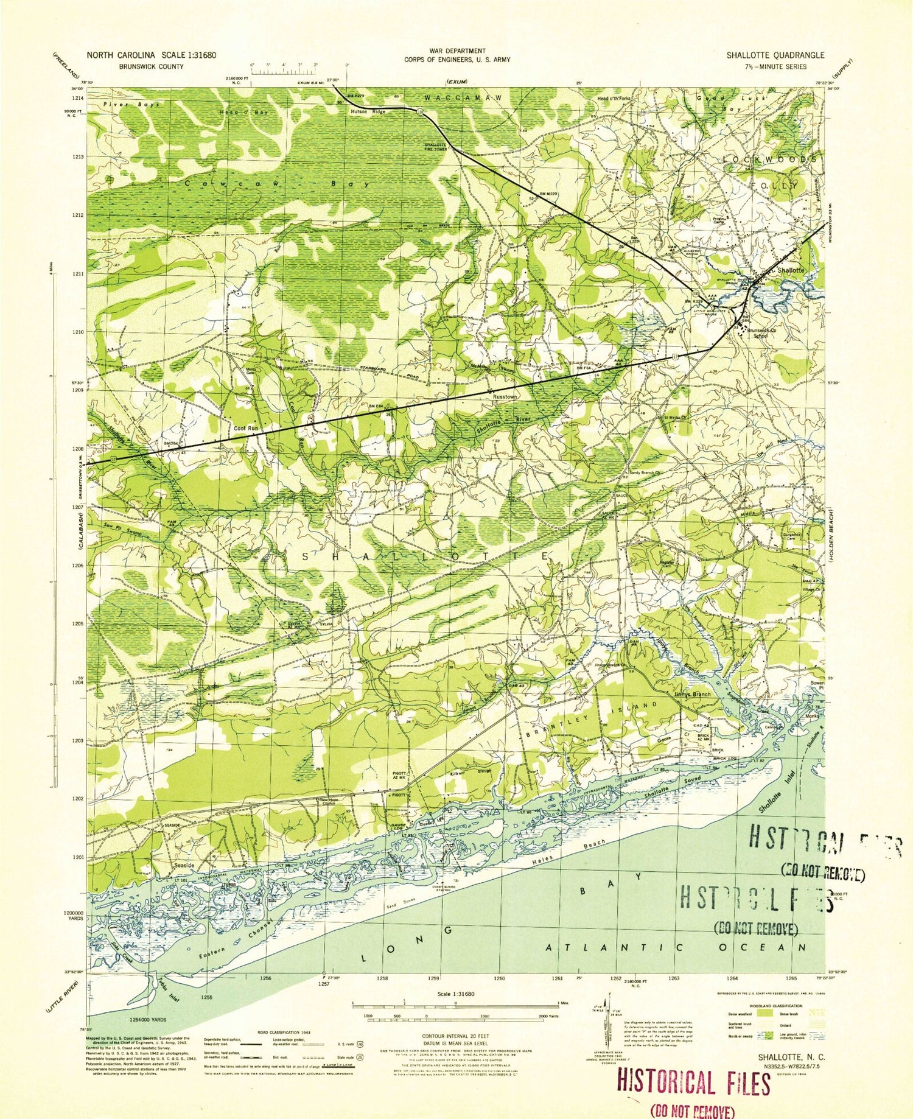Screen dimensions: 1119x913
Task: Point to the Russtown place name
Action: [505, 397]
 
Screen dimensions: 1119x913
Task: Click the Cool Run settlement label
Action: [247, 429]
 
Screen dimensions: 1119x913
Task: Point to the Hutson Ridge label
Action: [368, 112]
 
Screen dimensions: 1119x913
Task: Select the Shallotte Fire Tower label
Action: [435, 147]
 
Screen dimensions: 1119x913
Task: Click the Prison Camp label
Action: [723, 223]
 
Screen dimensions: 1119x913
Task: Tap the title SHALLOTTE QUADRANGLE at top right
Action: [775, 55]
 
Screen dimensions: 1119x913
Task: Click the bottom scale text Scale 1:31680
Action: [455, 994]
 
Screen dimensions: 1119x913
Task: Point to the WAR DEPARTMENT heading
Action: [456, 51]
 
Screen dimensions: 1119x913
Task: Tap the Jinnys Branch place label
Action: [692, 694]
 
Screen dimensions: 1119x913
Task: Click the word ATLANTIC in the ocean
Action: [615, 948]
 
